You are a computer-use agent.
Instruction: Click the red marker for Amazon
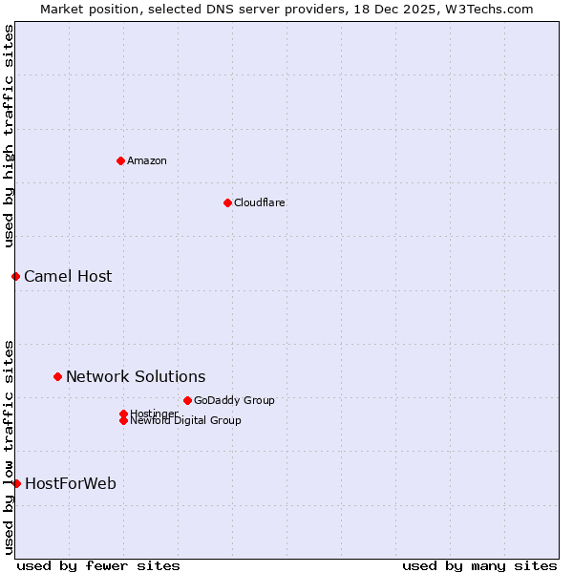pos(120,160)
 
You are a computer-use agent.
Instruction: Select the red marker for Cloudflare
pos(227,202)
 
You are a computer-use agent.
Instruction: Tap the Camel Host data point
pos(15,276)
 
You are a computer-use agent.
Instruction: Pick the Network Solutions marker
pos(57,376)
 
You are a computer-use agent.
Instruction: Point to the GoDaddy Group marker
pos(187,400)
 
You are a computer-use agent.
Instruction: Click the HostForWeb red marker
pos(16,483)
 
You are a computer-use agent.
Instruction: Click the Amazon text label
pos(147,160)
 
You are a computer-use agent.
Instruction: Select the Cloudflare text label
pos(259,202)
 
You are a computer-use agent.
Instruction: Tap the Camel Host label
pos(68,276)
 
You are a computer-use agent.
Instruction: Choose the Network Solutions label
pos(136,376)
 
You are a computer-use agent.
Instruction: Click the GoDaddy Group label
pos(234,400)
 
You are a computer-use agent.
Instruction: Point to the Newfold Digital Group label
pos(185,421)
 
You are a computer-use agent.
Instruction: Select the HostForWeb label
pos(71,483)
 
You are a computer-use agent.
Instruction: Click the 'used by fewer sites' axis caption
pos(98,565)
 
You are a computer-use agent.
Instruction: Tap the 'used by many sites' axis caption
pos(479,565)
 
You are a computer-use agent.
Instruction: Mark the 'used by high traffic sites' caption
pos(9,136)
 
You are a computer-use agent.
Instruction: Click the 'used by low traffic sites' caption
pos(9,447)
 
